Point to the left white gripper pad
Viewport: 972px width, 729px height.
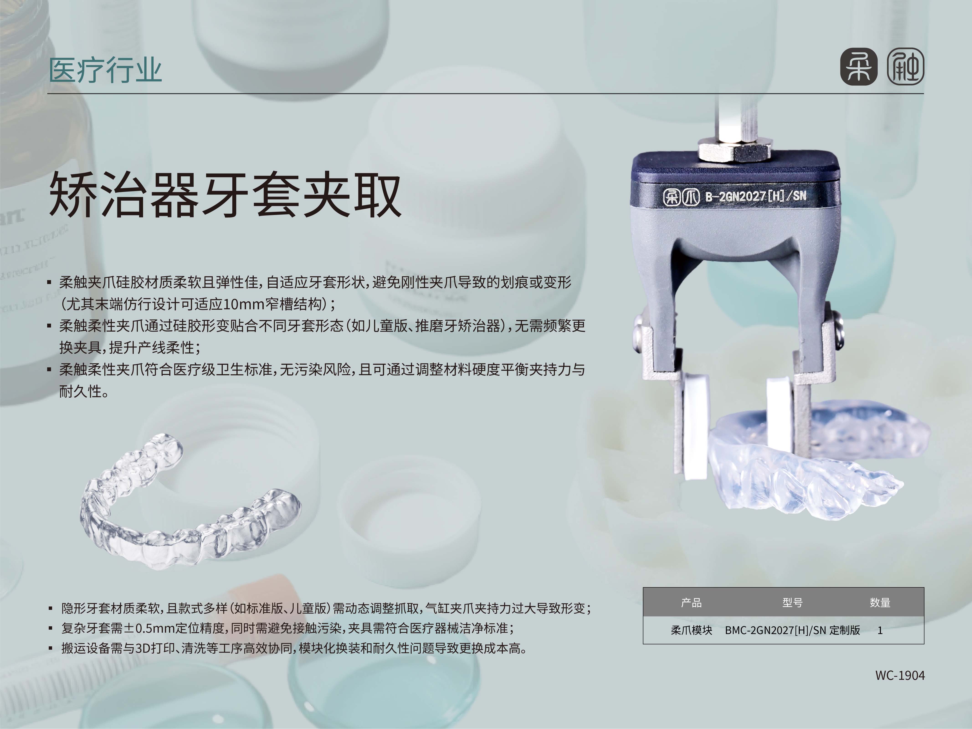coord(695,426)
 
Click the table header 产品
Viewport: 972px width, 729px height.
coord(691,602)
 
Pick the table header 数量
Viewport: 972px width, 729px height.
coord(880,602)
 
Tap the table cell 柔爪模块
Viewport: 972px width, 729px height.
coord(691,630)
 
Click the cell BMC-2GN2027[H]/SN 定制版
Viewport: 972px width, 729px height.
coord(792,630)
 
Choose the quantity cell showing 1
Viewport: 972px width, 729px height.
coord(880,630)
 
